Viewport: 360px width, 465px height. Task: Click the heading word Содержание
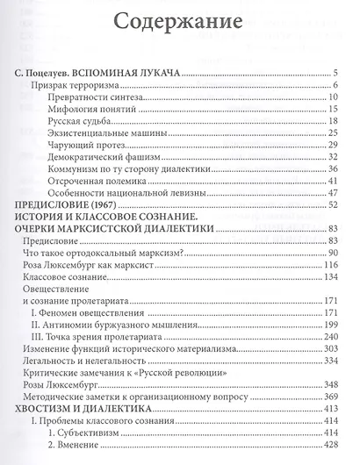coord(179,18)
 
